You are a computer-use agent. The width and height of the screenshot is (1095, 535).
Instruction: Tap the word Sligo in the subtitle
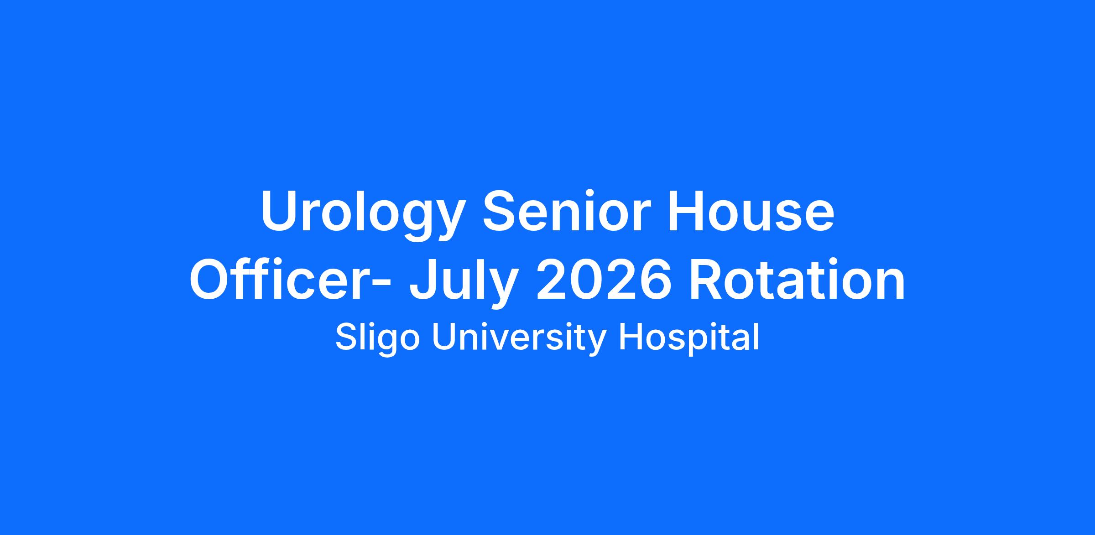tap(377, 338)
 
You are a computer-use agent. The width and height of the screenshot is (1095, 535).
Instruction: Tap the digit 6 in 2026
tap(655, 279)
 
